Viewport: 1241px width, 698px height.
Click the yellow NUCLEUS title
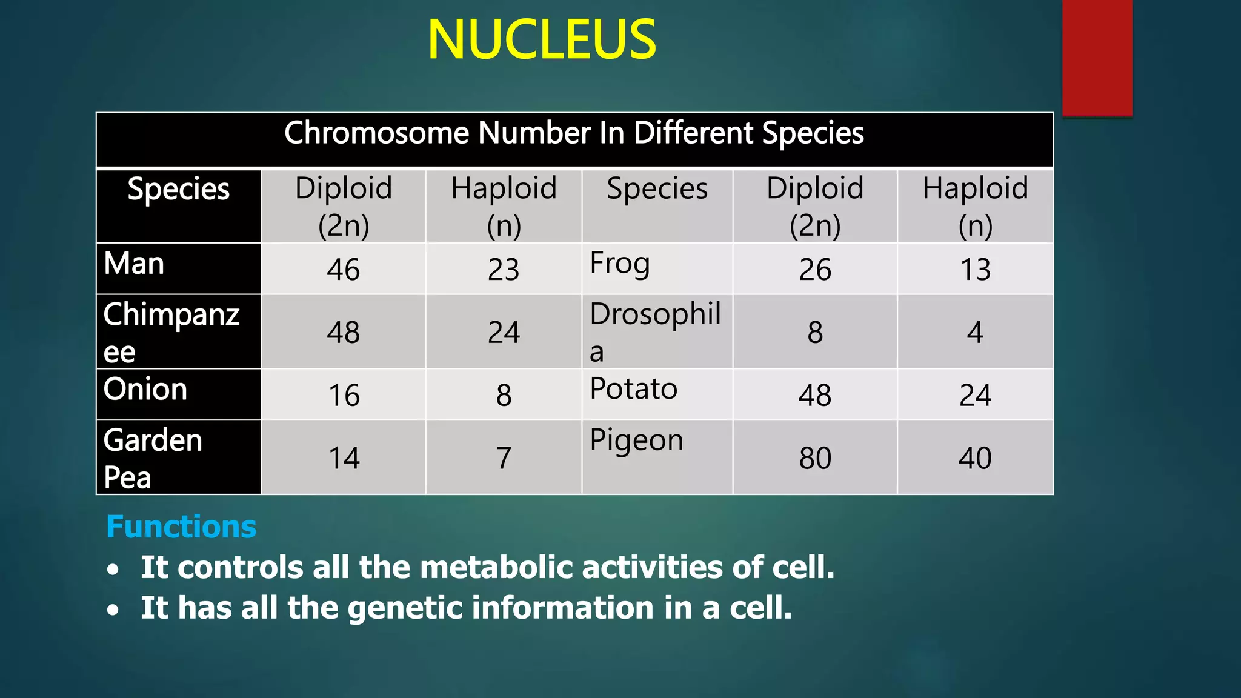coord(542,40)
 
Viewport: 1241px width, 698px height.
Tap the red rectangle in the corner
coord(1097,58)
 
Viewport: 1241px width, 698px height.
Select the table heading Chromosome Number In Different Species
coord(574,133)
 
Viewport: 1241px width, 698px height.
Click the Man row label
coord(134,264)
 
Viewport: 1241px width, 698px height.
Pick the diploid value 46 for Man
coord(344,270)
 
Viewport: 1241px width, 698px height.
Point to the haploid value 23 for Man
coord(504,270)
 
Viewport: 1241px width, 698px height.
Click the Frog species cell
coord(620,264)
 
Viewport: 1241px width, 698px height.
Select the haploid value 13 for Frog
coord(975,270)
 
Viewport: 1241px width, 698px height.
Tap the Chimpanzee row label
coord(171,332)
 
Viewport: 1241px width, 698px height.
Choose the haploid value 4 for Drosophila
coord(975,333)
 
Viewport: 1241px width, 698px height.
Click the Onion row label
coord(145,389)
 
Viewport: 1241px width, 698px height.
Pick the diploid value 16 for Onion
coord(344,396)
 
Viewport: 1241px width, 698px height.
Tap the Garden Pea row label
coord(153,458)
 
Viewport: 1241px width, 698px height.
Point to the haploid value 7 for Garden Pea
coord(504,458)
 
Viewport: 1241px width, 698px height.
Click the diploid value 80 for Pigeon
coord(815,458)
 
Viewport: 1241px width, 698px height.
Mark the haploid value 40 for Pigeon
coord(975,458)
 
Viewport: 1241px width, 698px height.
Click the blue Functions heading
coord(181,527)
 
